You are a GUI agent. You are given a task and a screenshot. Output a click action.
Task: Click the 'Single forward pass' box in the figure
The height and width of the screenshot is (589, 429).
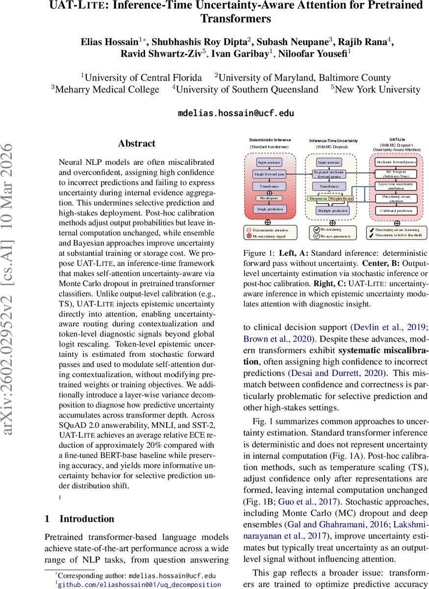tap(269, 174)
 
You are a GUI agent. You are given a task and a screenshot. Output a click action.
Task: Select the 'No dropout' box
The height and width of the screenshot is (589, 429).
tap(269, 198)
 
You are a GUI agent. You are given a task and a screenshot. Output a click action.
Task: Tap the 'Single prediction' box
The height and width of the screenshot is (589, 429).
tap(269, 210)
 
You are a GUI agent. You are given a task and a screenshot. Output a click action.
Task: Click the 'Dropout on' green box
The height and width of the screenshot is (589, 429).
tap(318, 198)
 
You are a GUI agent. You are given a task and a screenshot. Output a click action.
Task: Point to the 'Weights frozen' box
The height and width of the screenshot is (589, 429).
tap(341, 198)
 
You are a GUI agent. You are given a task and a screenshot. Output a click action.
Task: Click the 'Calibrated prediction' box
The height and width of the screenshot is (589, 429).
tap(396, 210)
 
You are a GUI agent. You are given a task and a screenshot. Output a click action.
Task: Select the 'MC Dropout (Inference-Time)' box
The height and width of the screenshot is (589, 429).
tap(396, 174)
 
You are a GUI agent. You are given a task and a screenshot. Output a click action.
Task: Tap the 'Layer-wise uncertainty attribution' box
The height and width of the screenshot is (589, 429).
tap(396, 186)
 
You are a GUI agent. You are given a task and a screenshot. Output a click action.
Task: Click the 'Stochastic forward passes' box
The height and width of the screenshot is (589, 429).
tap(396, 161)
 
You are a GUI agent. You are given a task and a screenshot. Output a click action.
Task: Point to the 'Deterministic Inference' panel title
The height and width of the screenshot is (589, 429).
tap(270, 140)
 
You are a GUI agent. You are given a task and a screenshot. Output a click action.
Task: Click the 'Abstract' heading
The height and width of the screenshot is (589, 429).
tap(136, 144)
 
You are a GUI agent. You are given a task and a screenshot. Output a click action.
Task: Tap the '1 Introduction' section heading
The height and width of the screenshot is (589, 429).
tap(79, 519)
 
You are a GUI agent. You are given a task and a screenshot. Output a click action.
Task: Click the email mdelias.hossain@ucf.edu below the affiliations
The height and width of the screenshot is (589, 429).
tap(235, 113)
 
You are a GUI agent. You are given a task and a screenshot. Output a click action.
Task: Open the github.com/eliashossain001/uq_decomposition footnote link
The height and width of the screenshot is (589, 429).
tap(139, 584)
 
